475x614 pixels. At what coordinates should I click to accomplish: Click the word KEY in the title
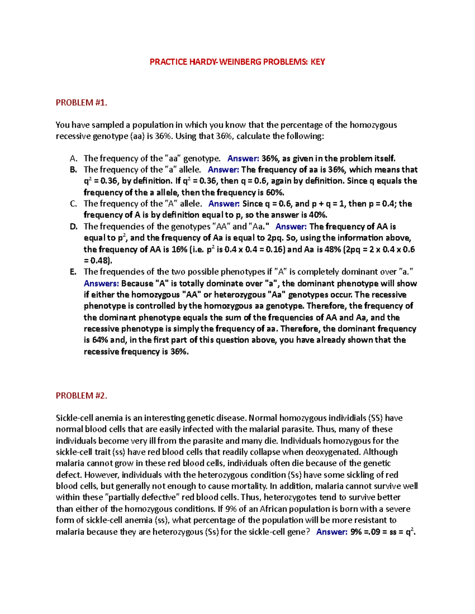point(317,62)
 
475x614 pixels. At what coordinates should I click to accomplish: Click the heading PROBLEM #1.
point(82,103)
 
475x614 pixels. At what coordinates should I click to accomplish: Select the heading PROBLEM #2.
point(82,396)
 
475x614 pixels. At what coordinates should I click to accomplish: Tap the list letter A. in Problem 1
point(73,159)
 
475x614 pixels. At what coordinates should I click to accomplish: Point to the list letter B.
point(73,170)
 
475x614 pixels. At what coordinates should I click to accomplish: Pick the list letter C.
point(73,204)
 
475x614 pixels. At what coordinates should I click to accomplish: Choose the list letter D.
point(73,227)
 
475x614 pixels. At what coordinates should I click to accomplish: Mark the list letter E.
point(73,272)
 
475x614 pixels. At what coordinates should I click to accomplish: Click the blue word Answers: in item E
point(101,283)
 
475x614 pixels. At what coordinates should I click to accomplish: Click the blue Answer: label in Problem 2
point(332,532)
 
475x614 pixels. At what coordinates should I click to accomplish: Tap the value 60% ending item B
point(275,193)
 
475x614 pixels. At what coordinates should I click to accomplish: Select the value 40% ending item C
point(319,215)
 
